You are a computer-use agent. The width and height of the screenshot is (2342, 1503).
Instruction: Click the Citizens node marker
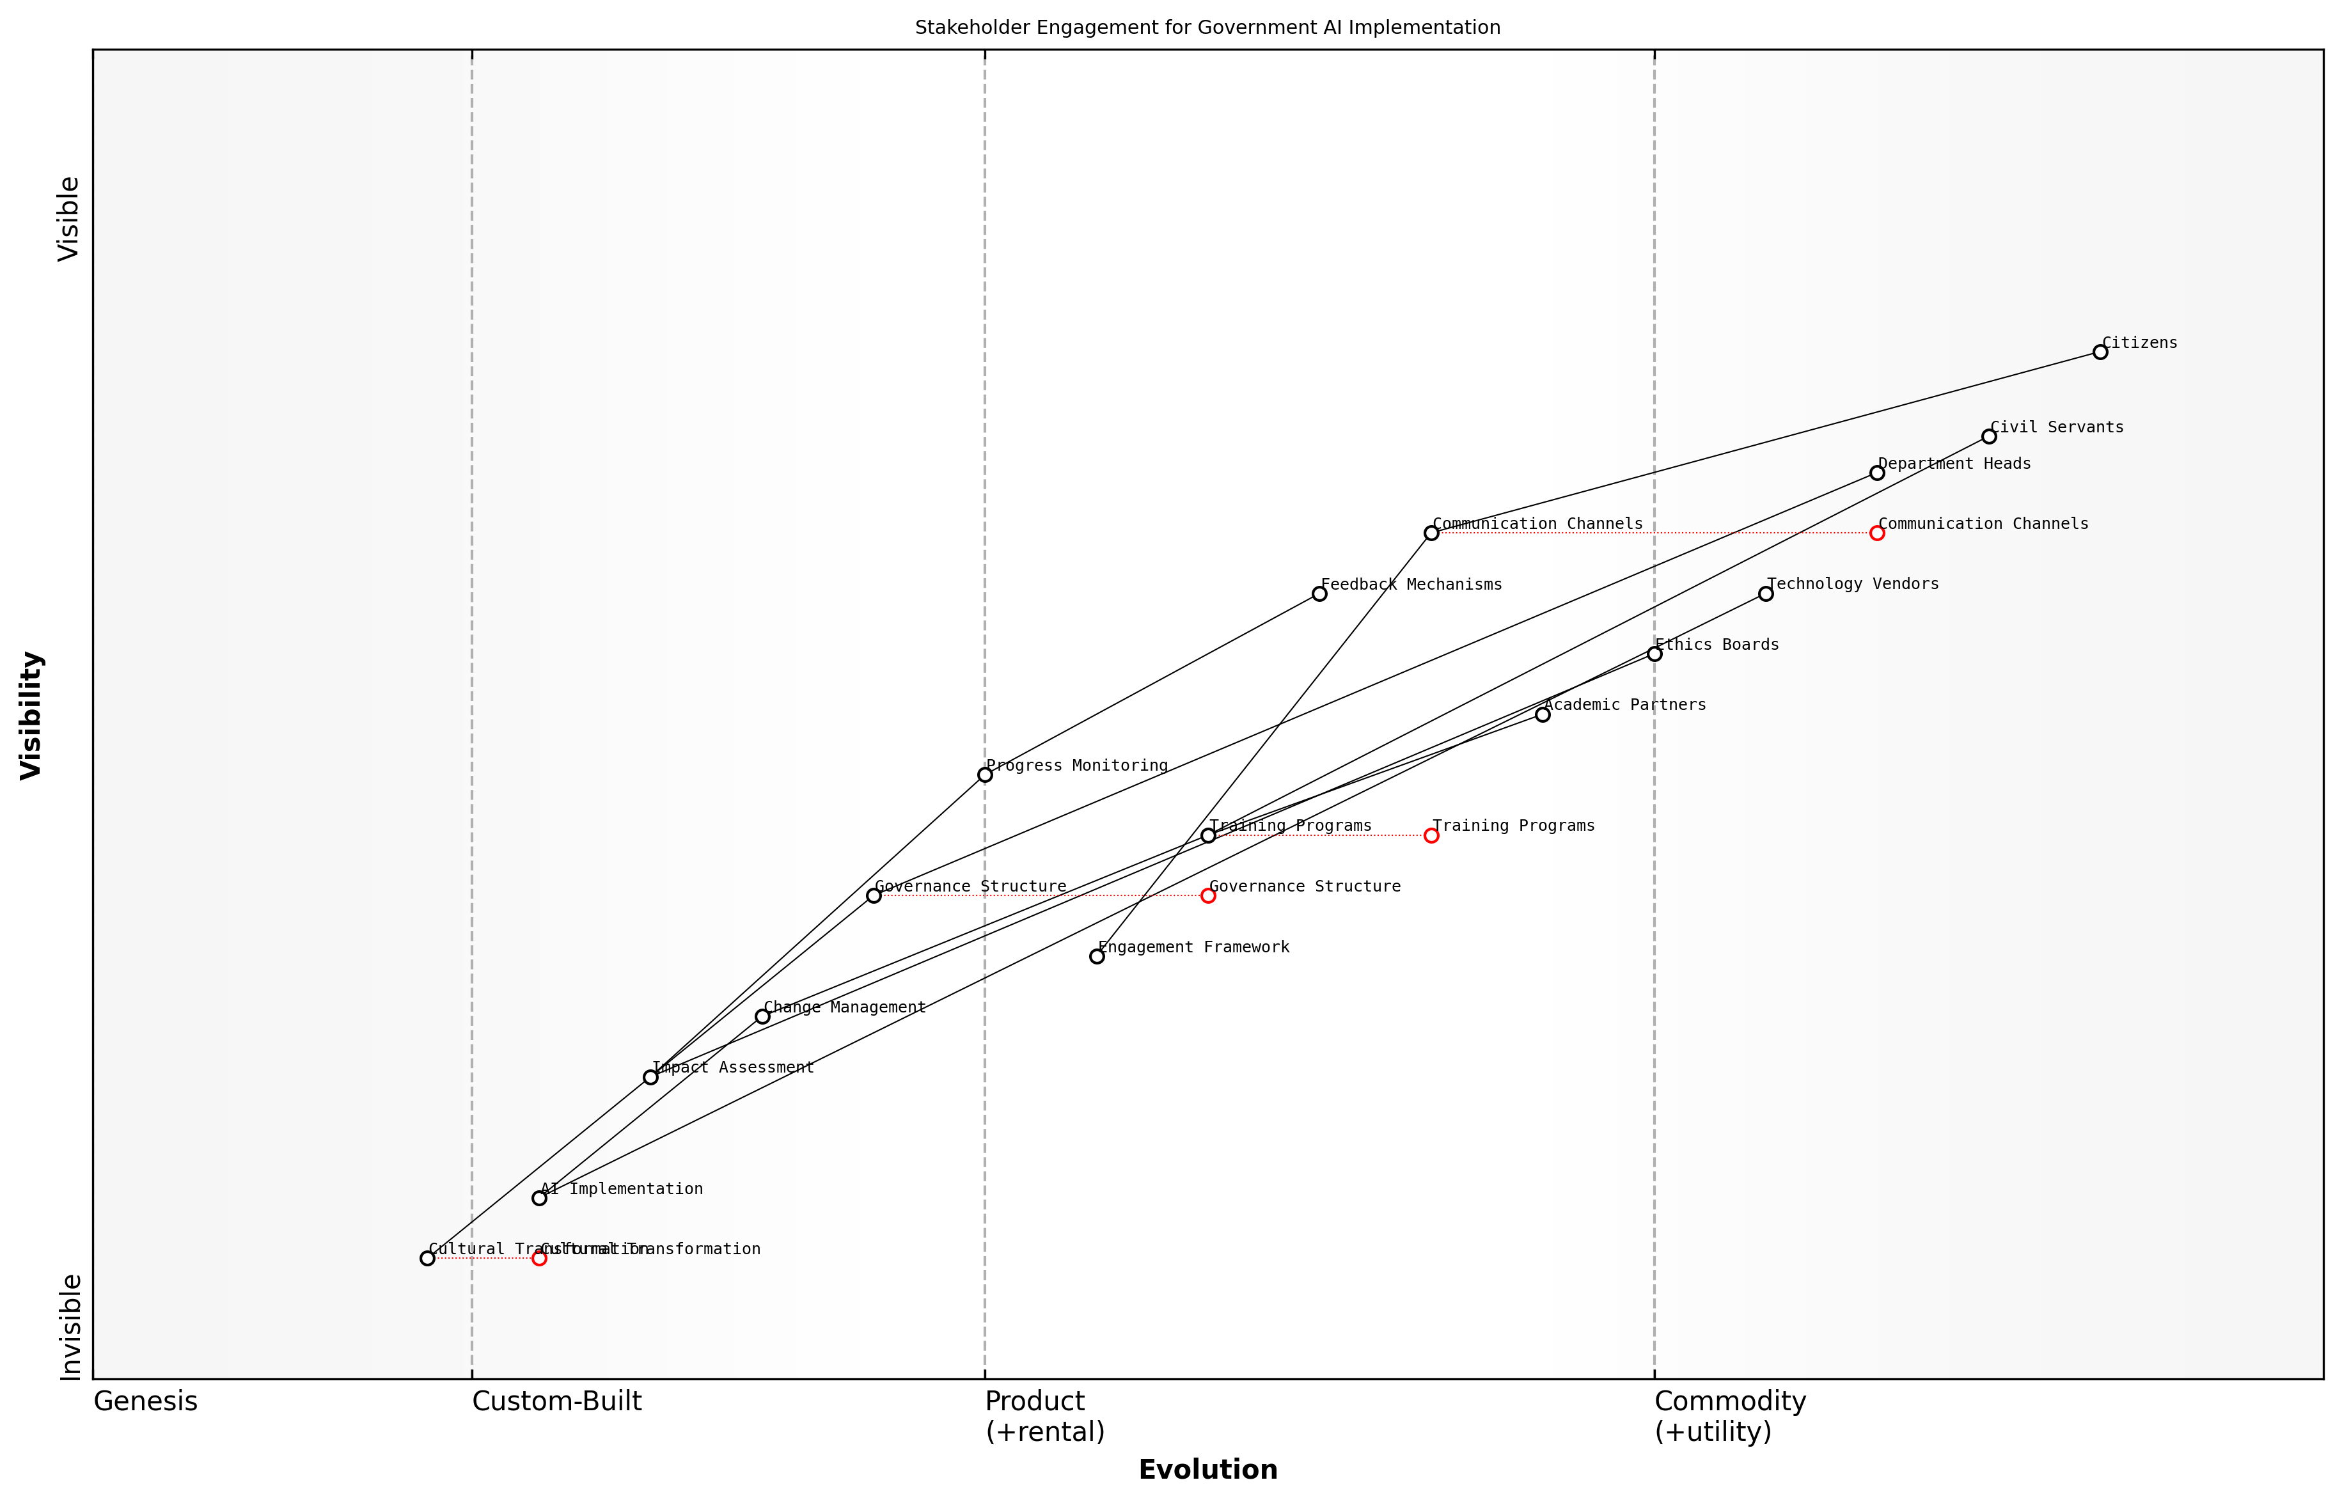click(2100, 352)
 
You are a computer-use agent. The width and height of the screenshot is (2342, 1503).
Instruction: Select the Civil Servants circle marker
click(1989, 436)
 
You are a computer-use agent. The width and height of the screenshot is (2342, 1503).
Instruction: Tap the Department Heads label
click(1954, 464)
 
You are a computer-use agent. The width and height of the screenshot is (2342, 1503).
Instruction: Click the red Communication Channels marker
click(1876, 533)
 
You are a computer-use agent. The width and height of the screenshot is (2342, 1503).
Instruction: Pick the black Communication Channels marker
click(1431, 533)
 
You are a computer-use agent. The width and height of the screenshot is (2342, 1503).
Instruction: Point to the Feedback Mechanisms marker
click(1319, 594)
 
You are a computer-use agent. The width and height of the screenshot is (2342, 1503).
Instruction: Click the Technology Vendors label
click(1852, 584)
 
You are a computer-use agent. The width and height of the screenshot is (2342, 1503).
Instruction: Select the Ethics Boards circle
click(1654, 654)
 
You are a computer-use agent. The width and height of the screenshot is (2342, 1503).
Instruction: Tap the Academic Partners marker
click(1543, 714)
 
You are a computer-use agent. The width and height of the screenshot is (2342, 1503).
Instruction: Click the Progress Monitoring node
click(985, 775)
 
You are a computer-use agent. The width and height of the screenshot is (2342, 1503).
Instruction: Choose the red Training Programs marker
click(1431, 835)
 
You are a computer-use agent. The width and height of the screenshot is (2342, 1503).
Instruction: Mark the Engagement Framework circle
click(1097, 956)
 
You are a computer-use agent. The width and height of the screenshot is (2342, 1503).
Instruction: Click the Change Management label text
click(844, 1007)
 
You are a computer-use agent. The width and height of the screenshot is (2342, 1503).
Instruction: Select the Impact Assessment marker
click(651, 1078)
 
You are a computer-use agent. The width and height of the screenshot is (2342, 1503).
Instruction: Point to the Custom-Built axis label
click(556, 1401)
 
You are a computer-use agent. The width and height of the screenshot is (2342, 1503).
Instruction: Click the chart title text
click(1207, 28)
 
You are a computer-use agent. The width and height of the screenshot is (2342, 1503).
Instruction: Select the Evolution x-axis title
click(1207, 1469)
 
